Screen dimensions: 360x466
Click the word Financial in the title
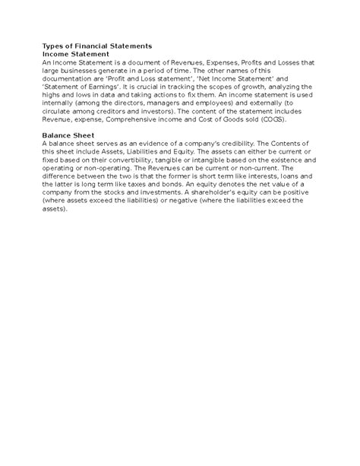click(96, 46)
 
